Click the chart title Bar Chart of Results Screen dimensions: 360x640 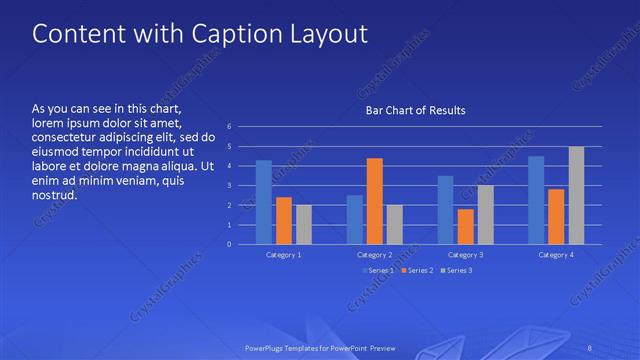tap(414, 110)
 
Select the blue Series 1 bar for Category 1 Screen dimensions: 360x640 tap(263, 202)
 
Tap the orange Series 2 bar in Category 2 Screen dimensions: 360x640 tap(374, 201)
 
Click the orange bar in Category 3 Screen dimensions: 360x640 tap(465, 226)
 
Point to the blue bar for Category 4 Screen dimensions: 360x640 tap(536, 200)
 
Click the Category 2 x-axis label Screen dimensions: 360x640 tap(375, 256)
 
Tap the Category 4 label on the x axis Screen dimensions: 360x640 tap(556, 256)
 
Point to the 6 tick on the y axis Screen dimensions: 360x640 tap(230, 127)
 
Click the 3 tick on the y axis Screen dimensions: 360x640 tap(230, 185)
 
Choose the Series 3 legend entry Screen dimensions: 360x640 tap(458, 271)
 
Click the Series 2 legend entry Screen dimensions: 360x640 tap(417, 271)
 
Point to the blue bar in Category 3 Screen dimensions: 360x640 tap(445, 210)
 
